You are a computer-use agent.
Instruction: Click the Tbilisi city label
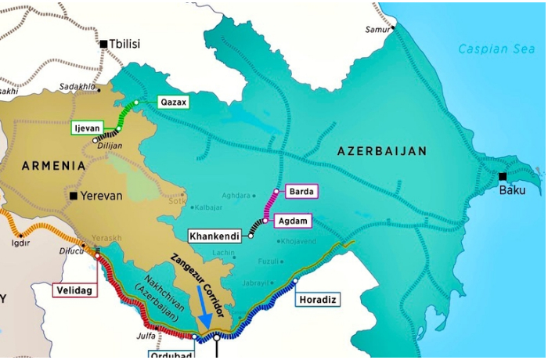pos(125,44)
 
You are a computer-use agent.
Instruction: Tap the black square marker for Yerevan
pos(73,196)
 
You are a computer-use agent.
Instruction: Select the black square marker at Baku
pos(503,176)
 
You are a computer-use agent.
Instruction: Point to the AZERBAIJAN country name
pos(381,150)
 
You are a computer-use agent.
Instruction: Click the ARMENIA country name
pos(53,166)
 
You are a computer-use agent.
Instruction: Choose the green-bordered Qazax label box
pos(172,102)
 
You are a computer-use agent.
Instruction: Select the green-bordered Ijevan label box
pos(88,128)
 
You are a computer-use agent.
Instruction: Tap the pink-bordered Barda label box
pos(301,191)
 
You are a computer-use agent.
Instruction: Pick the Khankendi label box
pos(215,236)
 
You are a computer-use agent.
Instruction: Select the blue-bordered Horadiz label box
pos(318,299)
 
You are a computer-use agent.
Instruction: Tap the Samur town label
pos(377,30)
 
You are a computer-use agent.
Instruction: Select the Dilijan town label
pos(110,145)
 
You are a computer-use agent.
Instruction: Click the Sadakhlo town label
pos(77,87)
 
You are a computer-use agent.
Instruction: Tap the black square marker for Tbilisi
pos(103,44)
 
